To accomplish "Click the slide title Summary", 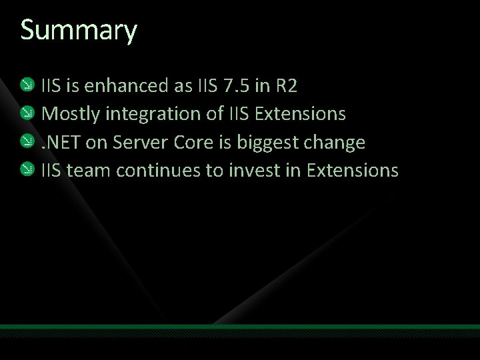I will coord(79,31).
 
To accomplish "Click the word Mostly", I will coord(69,114).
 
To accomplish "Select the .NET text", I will coord(61,142).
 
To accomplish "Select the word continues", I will coord(158,171).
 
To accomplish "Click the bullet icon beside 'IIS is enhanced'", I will coord(27,85).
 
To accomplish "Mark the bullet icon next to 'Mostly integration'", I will coord(27,113).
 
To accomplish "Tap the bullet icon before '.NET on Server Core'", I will coord(27,141).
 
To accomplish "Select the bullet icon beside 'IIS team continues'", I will coord(27,170).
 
